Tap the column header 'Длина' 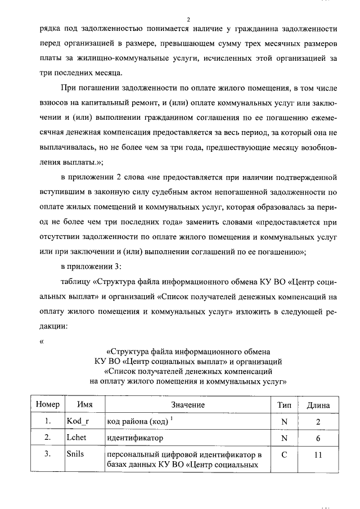coord(318,404)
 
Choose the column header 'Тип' coord(284,404)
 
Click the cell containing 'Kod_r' coord(79,421)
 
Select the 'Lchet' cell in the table coord(77,437)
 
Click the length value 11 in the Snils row coord(318,454)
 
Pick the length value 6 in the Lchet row coord(318,437)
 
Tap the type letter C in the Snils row coord(284,454)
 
